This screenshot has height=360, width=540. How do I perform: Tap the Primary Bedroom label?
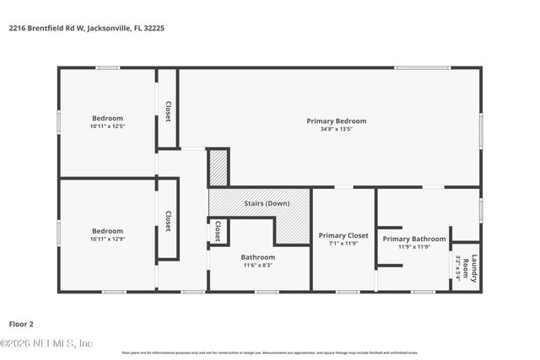(336, 121)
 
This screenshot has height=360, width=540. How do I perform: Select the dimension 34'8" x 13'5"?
(336, 129)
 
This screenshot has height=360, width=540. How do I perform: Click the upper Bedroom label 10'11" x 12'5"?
(107, 126)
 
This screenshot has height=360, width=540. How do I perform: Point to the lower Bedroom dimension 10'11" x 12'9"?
(107, 239)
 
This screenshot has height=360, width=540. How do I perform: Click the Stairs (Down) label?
(266, 204)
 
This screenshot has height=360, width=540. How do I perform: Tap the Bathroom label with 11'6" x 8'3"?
(257, 257)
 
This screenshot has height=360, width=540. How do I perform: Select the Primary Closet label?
(343, 235)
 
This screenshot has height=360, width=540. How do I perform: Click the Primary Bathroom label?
(413, 239)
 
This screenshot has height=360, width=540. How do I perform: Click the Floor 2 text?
(22, 323)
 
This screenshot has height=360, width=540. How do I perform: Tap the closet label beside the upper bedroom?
(168, 111)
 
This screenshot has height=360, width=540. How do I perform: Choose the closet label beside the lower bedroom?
(168, 221)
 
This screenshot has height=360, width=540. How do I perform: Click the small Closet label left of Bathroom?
(218, 230)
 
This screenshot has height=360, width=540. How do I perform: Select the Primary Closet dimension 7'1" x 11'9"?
(343, 244)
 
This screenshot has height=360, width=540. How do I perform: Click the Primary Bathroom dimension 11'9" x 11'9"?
(413, 247)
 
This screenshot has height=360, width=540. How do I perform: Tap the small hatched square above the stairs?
(219, 167)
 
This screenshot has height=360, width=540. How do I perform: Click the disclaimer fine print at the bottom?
(270, 352)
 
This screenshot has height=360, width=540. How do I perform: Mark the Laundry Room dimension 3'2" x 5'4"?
(459, 268)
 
